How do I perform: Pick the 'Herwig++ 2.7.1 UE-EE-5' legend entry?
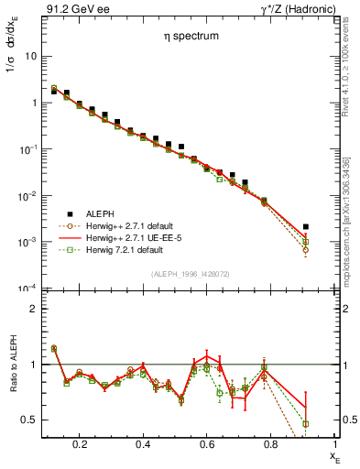[136, 237]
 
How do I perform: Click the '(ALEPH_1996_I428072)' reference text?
[190, 274]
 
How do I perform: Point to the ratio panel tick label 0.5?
[29, 420]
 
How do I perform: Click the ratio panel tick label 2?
[33, 309]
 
